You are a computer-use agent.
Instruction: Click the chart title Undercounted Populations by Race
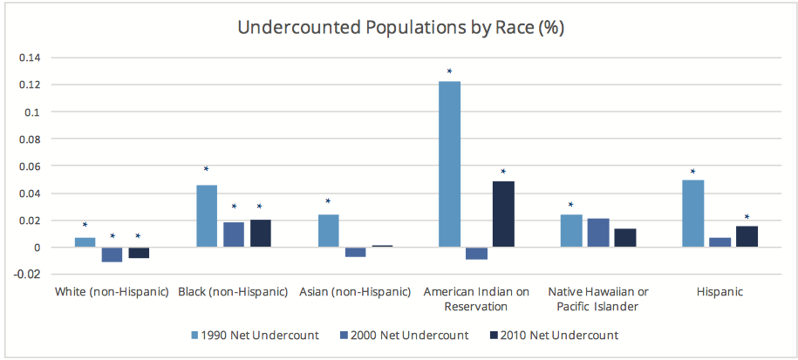(401, 27)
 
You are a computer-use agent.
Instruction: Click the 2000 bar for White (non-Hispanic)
(112, 255)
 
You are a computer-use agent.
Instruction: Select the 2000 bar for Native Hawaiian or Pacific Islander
(597, 233)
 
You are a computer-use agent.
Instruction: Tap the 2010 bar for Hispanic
(747, 237)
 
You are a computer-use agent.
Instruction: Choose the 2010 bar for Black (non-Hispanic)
(260, 234)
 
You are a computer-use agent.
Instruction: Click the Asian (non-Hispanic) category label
(355, 291)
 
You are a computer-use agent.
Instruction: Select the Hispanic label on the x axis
(720, 291)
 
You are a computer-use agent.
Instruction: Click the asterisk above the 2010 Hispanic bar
(747, 217)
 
